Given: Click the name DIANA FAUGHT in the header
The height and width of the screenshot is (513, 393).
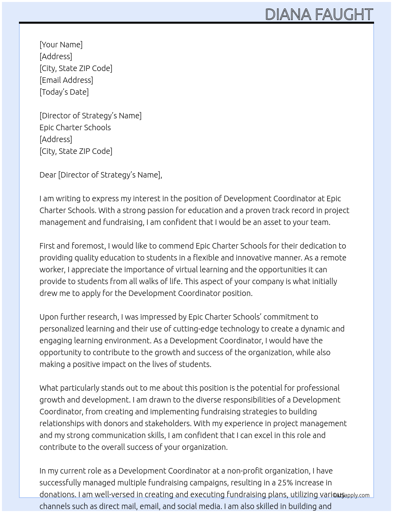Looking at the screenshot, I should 319,14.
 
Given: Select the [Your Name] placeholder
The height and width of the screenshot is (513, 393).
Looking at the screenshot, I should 61,45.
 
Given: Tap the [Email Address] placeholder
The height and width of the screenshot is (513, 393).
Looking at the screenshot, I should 66,80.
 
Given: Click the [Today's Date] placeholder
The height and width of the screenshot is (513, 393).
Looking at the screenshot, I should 64,92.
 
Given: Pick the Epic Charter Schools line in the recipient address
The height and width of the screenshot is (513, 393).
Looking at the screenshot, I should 75,127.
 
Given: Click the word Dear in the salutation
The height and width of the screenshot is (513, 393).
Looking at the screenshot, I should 48,175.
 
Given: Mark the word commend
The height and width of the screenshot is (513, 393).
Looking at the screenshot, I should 177,246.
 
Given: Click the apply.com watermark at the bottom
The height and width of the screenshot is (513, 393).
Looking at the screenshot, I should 352,495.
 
